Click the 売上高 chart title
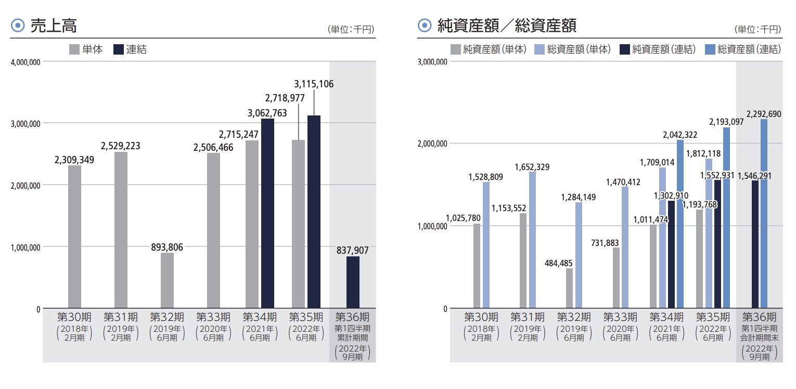[x=54, y=26]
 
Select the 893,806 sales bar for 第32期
[x=167, y=281]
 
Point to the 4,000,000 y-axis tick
[x=25, y=62]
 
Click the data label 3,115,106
[x=314, y=84]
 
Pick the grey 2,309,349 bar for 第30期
[x=74, y=237]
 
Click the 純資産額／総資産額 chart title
[x=507, y=25]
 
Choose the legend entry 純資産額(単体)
[x=489, y=50]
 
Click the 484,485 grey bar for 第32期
[x=569, y=288]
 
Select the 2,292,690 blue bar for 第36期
[x=764, y=213]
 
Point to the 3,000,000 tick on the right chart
[x=432, y=62]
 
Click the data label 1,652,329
[x=532, y=167]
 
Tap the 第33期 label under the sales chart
[x=213, y=317]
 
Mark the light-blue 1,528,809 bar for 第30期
[x=486, y=245]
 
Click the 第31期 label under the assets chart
[x=528, y=317]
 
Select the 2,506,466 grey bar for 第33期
[x=213, y=230]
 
